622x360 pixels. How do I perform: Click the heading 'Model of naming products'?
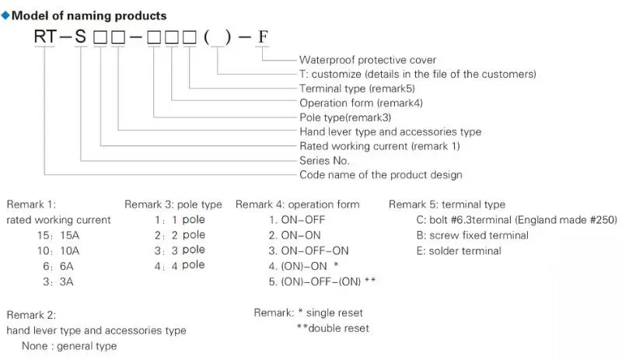pos(90,16)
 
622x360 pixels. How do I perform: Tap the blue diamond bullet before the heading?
pos(6,16)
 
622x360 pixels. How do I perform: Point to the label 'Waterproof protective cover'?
pos(368,60)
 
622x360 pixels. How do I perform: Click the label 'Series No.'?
pos(324,160)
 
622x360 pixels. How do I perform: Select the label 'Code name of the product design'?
pos(380,175)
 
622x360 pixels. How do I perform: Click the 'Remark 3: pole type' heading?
pos(173,204)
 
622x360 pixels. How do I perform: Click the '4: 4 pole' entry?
pos(180,265)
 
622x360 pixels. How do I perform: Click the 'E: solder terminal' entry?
pos(459,250)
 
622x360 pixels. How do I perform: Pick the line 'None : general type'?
pos(69,346)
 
